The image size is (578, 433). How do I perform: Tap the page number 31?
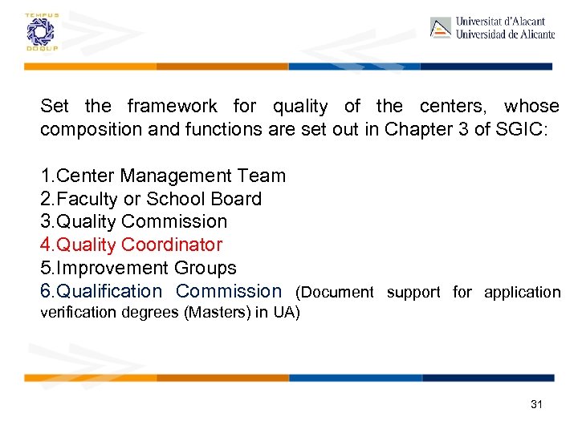536,404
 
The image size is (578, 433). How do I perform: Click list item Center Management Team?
163,176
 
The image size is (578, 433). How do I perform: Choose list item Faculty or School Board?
151,199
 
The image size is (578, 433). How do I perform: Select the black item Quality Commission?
134,221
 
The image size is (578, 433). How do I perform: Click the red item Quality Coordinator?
131,245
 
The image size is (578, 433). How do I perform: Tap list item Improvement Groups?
138,268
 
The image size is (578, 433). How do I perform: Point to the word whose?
531,106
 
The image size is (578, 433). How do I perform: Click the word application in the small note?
522,293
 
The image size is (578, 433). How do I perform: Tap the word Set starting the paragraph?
55,106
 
